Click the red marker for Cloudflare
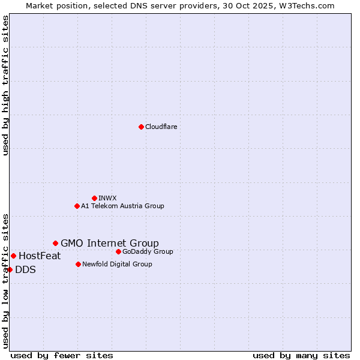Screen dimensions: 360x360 pos(141,127)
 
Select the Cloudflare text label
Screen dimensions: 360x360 pos(161,127)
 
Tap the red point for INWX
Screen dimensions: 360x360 pos(94,198)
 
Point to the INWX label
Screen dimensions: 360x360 pos(107,199)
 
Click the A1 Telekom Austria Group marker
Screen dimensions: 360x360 pos(77,206)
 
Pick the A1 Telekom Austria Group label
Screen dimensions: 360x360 pos(122,206)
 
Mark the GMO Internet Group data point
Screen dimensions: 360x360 pos(55,243)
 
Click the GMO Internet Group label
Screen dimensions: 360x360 pos(110,244)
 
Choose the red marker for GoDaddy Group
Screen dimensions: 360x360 pos(118,251)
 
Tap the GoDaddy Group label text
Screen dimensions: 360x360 pos(148,252)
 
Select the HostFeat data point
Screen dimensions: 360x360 pos(13,256)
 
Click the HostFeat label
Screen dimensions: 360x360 pos(40,256)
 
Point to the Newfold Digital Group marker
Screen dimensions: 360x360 pos(78,264)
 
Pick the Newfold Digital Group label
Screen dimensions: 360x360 pos(117,265)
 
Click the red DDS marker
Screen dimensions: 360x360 pos(10,269)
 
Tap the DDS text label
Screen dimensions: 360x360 pos(25,270)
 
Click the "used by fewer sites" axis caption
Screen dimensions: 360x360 pos(62,355)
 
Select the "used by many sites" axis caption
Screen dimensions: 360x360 pos(301,355)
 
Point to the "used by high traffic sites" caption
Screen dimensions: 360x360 pos(5,85)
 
